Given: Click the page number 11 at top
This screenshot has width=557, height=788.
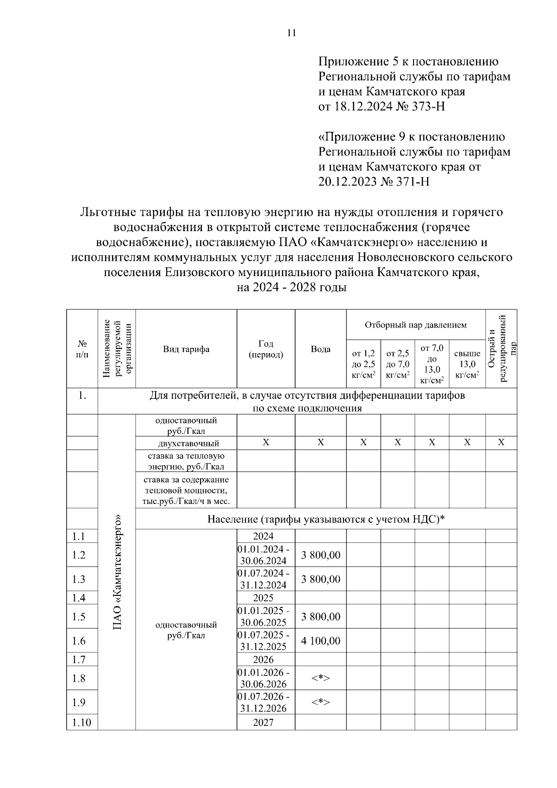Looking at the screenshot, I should click(291, 33).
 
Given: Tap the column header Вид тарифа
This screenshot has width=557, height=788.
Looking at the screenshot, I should click(186, 349).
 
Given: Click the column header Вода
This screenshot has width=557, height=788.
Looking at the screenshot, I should click(320, 349).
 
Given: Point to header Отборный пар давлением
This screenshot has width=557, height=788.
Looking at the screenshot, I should click(415, 325).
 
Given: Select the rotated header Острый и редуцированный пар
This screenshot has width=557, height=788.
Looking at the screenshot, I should click(501, 349).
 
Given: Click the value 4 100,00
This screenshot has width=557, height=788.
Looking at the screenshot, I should click(320, 641).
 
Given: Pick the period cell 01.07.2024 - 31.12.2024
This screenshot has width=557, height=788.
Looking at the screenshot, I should click(266, 579).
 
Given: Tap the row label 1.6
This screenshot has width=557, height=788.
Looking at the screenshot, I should click(79, 641).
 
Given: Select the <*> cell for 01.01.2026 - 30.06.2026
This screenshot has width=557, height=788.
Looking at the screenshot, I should click(320, 678).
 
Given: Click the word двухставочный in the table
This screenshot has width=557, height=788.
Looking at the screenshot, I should click(186, 443).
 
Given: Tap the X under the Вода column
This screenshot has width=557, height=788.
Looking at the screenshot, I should click(320, 443).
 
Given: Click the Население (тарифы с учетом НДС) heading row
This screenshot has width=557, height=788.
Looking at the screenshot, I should click(326, 519).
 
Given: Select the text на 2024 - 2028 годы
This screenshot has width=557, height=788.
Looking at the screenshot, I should click(291, 287).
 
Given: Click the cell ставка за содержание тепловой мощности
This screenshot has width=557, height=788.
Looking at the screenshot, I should click(186, 490).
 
